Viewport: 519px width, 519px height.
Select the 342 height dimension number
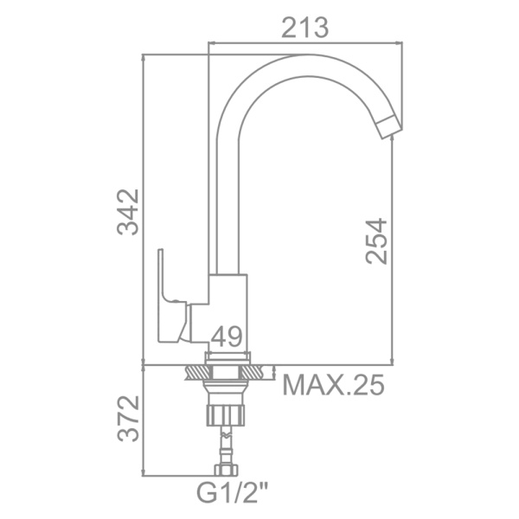128,212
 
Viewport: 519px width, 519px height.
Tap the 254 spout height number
376,240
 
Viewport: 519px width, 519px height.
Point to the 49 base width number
227,337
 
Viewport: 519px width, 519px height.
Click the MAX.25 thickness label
333,385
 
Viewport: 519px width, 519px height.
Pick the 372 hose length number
128,418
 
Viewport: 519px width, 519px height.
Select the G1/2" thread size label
233,492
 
